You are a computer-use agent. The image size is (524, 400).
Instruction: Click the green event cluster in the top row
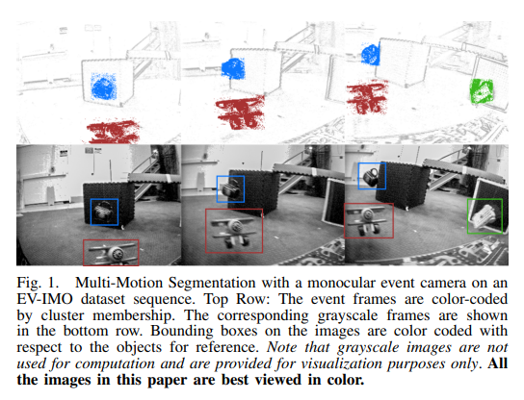click(x=482, y=90)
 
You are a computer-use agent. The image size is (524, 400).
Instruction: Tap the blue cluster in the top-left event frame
click(x=104, y=87)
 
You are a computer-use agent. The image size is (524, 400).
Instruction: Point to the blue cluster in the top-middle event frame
click(x=233, y=68)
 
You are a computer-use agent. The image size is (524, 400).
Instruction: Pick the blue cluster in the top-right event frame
click(x=371, y=55)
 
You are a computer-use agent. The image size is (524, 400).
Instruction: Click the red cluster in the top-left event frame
click(x=114, y=131)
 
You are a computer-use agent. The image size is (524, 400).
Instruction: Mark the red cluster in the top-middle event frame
click(x=241, y=112)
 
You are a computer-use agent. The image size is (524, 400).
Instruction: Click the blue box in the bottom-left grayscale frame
click(x=92, y=212)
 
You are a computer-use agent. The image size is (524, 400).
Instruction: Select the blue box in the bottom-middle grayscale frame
click(x=218, y=188)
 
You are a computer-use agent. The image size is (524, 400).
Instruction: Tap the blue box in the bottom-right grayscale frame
click(x=359, y=176)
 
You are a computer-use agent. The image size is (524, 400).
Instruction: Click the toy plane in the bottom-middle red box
click(x=234, y=232)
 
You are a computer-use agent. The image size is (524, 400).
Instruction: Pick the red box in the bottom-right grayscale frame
click(x=345, y=220)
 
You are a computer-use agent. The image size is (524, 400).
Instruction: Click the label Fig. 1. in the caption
click(x=38, y=283)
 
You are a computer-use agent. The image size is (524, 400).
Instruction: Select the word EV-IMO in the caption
click(x=44, y=299)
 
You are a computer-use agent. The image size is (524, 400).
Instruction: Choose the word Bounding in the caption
click(x=181, y=332)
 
